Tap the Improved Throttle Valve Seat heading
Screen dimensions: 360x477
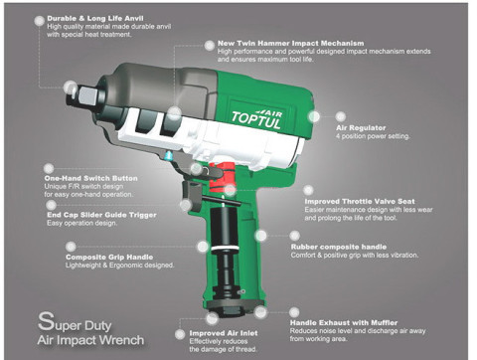point(365,200)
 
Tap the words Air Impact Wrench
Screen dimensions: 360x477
point(91,340)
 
